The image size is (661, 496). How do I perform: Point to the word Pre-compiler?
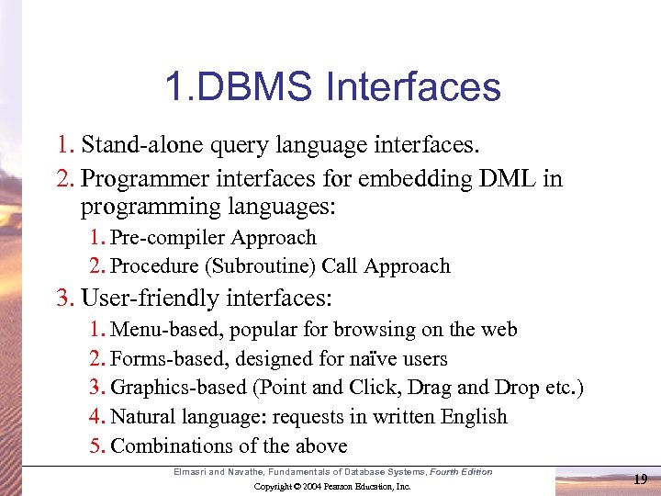click(x=168, y=237)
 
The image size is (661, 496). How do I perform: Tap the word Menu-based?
click(x=167, y=329)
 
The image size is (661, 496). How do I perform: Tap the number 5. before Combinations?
click(x=97, y=446)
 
